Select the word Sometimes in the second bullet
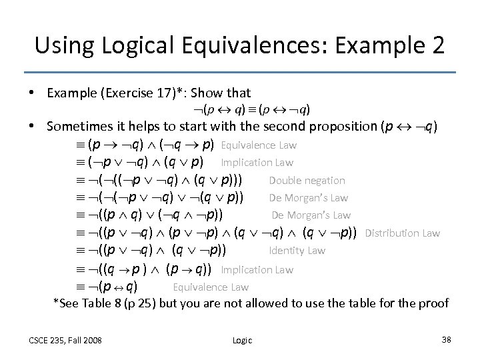pyautogui.click(x=77, y=127)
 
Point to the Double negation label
pyautogui.click(x=307, y=180)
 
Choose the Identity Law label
pyautogui.click(x=297, y=251)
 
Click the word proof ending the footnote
pyautogui.click(x=435, y=303)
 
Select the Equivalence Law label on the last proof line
pyautogui.click(x=211, y=287)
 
